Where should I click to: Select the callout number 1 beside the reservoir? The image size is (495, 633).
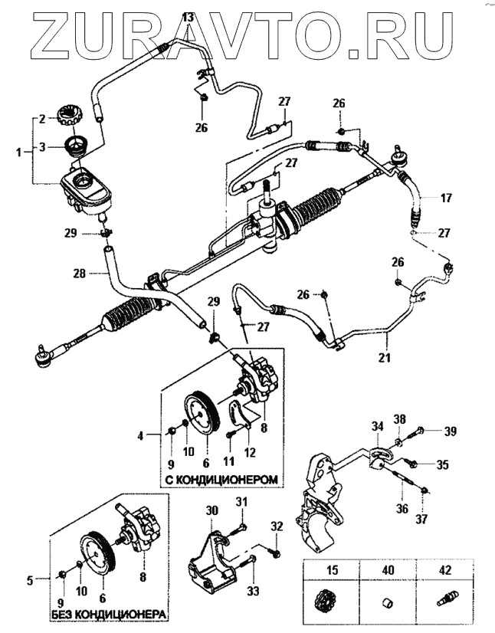(18, 153)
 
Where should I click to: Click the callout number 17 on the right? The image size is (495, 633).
(447, 198)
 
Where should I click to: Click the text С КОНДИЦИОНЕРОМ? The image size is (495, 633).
(220, 480)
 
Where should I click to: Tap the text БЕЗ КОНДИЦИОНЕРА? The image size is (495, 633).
(109, 615)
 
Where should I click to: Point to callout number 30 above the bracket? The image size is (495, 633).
(212, 509)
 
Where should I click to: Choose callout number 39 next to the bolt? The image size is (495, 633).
(451, 431)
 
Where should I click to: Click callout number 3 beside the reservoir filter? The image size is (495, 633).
(43, 146)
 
